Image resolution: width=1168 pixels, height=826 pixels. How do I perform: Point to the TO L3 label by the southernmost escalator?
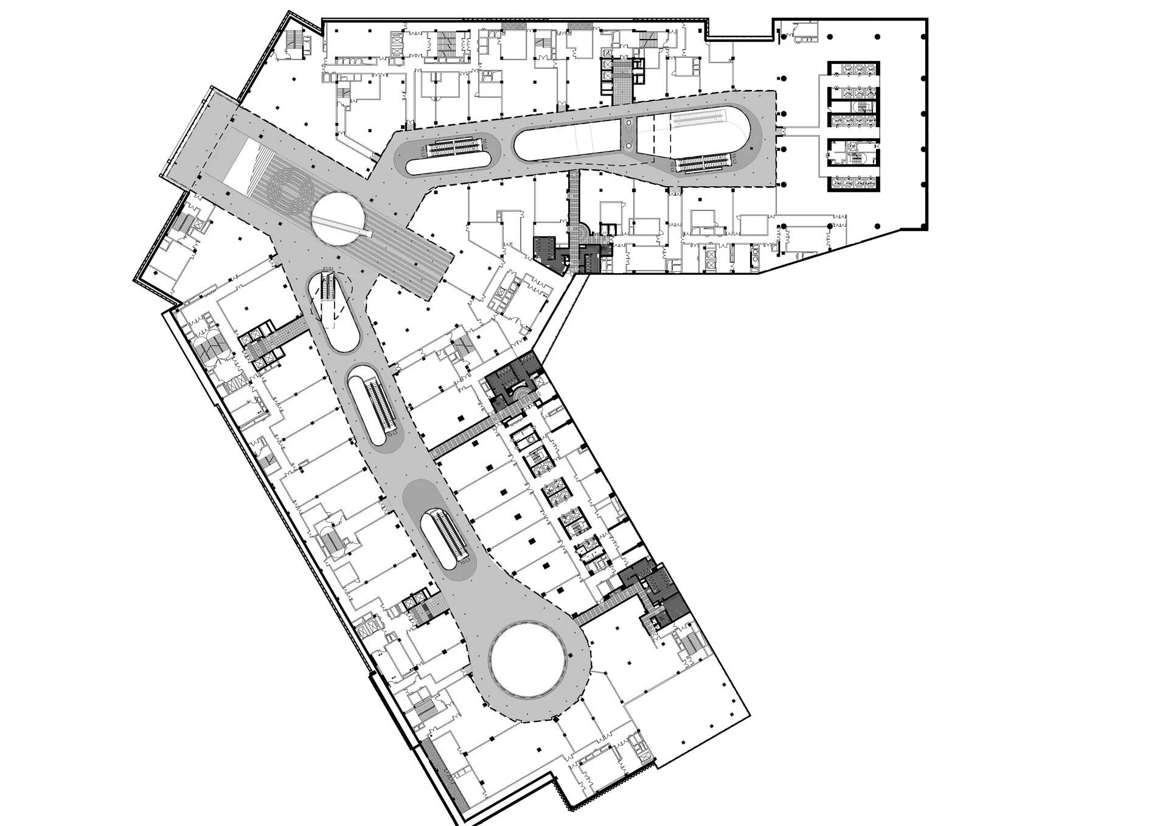coord(466,563)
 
